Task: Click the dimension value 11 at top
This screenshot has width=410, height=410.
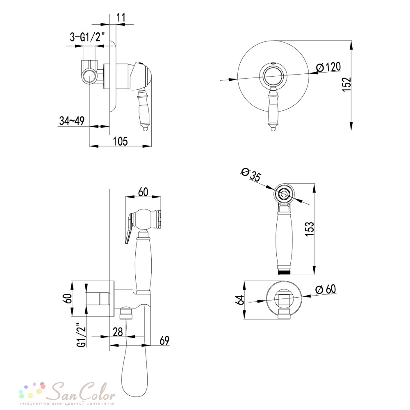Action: pos(121,18)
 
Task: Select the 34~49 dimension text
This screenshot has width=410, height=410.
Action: pos(72,121)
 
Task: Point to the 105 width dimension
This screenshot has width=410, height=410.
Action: pos(120,141)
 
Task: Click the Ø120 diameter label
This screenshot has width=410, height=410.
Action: pos(328,67)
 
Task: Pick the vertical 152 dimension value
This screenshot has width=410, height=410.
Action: pos(347,84)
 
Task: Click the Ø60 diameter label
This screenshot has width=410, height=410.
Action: pos(326,289)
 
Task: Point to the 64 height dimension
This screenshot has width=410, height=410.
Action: pos(239,300)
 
